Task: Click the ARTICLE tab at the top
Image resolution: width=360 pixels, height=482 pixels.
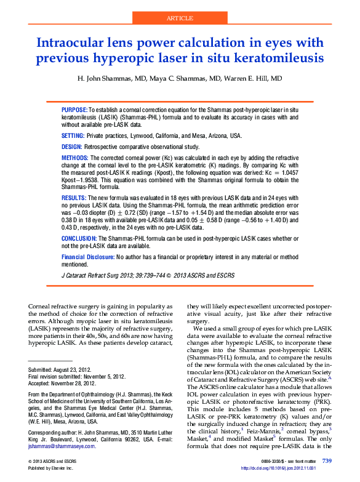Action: click(180, 19)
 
